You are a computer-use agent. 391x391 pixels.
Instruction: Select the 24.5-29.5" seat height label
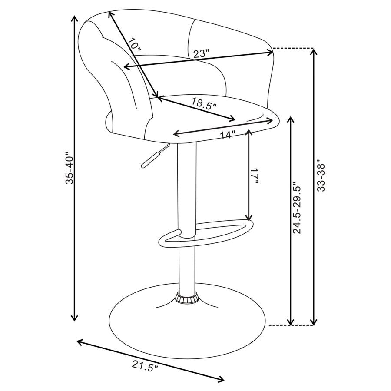297,208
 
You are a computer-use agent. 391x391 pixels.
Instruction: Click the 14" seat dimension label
227,135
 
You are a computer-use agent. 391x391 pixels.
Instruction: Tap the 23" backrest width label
201,54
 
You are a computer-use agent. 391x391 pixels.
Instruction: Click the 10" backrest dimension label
135,45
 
